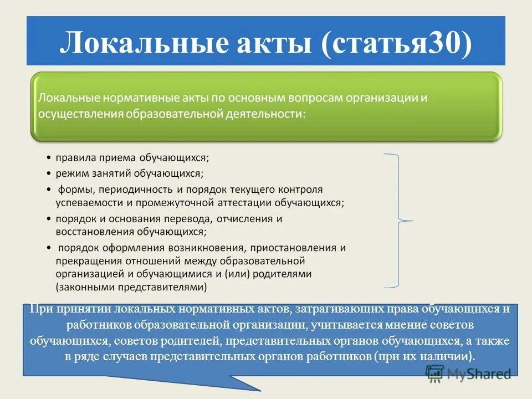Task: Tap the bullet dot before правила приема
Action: pyautogui.click(x=49, y=158)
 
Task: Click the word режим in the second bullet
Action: pyautogui.click(x=71, y=173)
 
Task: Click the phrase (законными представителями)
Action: pyautogui.click(x=131, y=287)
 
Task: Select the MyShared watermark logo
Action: pyautogui.click(x=469, y=374)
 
